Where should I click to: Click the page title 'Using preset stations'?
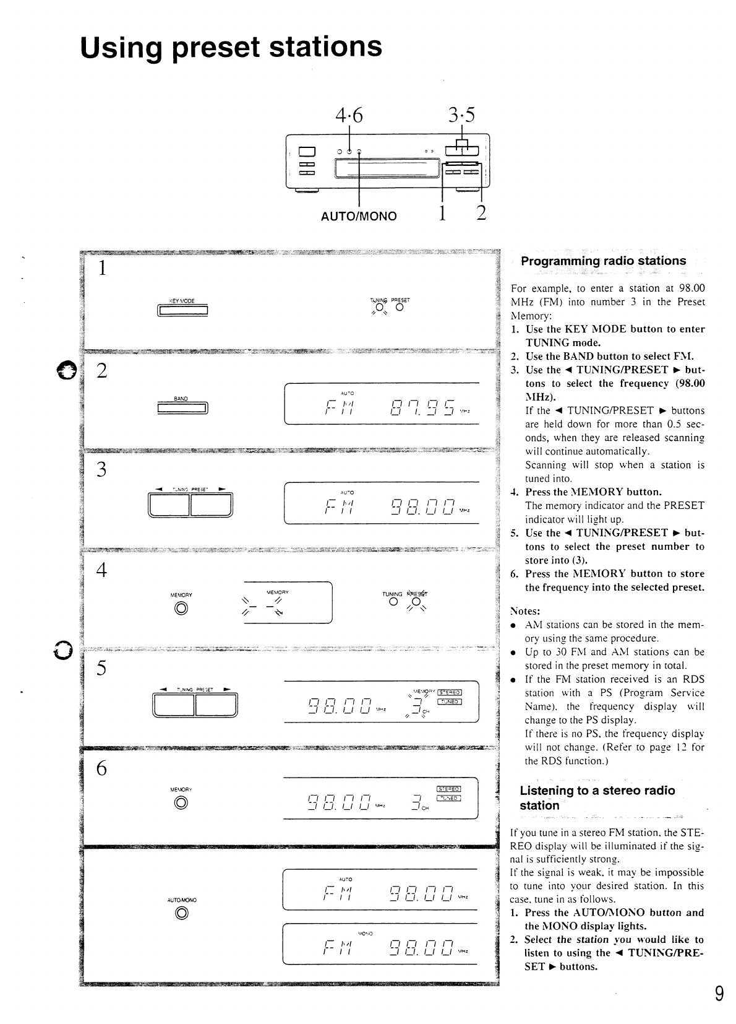(231, 48)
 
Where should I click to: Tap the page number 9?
(719, 994)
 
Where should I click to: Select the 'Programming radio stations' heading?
(603, 261)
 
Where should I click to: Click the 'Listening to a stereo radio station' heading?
(597, 797)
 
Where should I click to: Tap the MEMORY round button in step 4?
(181, 609)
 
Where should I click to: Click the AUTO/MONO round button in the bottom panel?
(181, 913)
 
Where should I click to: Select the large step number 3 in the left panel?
(102, 470)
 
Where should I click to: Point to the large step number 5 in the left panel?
(102, 669)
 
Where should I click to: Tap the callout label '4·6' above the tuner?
(349, 115)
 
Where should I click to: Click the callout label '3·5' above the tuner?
(462, 115)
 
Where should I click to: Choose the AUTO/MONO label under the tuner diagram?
(359, 217)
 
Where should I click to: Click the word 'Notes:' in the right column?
(525, 610)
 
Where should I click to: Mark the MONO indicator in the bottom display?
(364, 933)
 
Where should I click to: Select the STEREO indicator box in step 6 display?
(448, 789)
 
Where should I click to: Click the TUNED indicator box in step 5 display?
(449, 701)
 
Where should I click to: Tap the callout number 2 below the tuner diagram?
(481, 213)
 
